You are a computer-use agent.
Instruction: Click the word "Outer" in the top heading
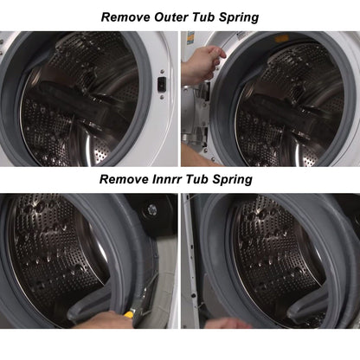[171, 17]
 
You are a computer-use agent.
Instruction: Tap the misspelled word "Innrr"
[167, 179]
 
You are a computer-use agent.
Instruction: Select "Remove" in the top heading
[125, 17]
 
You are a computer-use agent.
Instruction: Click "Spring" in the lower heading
[232, 180]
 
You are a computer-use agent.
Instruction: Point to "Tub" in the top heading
[203, 17]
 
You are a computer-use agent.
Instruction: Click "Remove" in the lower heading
[124, 179]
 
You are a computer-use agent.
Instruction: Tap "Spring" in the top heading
[239, 17]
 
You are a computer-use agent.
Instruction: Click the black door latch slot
[162, 84]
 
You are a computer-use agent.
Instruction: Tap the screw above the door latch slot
[162, 71]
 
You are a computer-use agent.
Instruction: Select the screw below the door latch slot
[162, 97]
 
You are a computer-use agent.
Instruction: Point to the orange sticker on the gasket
[282, 38]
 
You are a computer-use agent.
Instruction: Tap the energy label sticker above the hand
[190, 38]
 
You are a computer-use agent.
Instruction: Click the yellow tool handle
[129, 314]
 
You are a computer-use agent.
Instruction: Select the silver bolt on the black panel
[152, 209]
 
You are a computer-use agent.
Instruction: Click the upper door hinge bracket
[205, 91]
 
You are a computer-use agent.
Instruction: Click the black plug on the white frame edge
[194, 295]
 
